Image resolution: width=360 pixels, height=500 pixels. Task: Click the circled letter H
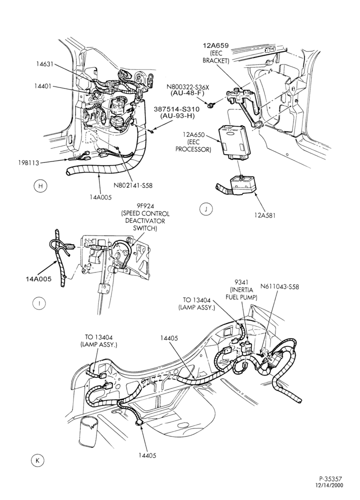point(40,186)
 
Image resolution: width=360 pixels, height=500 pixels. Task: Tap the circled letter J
point(206,209)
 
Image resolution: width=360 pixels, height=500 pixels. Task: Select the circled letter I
point(39,303)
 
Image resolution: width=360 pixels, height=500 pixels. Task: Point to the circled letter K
point(37,460)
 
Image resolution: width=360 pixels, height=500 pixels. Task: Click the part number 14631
point(44,64)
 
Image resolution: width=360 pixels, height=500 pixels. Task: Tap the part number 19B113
point(28,163)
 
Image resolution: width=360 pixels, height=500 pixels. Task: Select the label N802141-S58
point(133,185)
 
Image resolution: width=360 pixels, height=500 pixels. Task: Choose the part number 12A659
point(215,45)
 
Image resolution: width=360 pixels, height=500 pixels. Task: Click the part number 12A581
point(264,215)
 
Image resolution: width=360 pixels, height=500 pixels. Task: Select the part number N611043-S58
point(279,286)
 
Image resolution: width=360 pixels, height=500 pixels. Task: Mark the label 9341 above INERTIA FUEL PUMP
point(241,282)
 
